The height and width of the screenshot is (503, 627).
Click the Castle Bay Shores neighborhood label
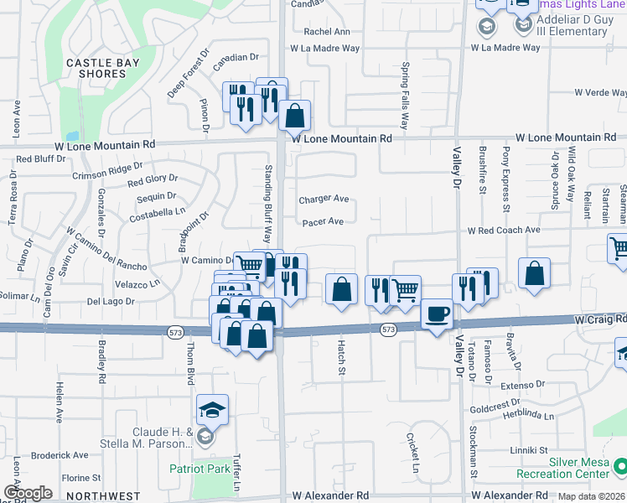(96, 67)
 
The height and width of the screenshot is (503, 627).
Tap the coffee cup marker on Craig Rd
(436, 315)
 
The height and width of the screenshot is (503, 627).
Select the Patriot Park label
(199, 469)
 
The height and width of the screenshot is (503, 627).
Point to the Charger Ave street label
(324, 200)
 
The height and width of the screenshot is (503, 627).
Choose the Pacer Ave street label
(323, 222)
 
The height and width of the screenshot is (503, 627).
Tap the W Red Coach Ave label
(504, 230)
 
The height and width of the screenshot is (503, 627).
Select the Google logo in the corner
(28, 493)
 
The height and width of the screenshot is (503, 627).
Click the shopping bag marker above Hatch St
(340, 290)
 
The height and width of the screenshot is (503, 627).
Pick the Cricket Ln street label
(412, 454)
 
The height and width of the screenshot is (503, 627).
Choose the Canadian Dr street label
(236, 58)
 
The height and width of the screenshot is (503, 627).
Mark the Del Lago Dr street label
(111, 301)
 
